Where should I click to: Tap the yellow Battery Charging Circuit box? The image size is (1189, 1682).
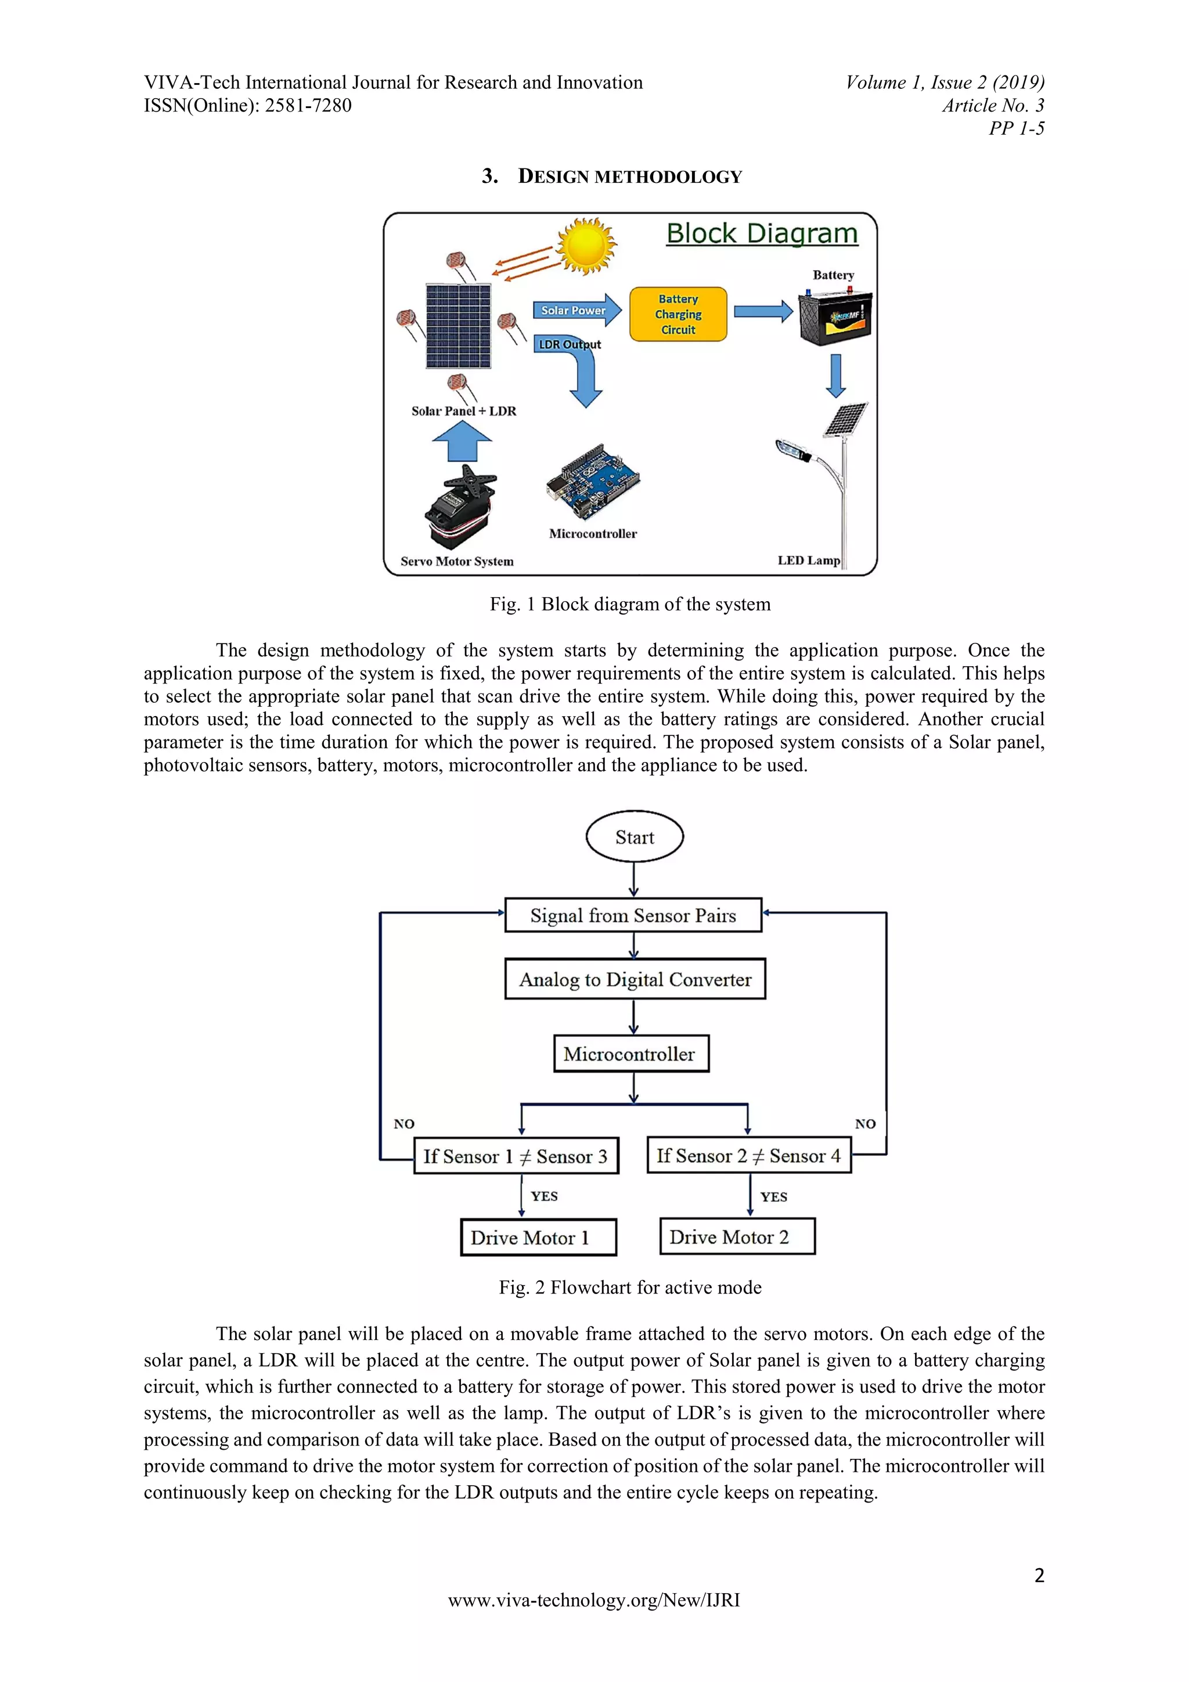[x=678, y=314]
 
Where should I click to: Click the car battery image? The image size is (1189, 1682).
[x=835, y=317]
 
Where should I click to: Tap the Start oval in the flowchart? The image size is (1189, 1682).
[x=634, y=836]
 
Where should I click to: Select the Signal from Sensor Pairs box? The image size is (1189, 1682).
[x=633, y=915]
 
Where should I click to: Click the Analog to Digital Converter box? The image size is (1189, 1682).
[x=635, y=979]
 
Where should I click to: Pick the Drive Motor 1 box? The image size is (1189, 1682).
[x=538, y=1237]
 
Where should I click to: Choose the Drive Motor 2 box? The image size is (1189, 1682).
[x=737, y=1237]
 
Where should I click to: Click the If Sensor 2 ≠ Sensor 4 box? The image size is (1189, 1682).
[x=748, y=1155]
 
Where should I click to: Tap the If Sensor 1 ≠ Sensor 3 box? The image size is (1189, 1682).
[x=516, y=1156]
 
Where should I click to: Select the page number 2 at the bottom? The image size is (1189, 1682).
[x=1039, y=1575]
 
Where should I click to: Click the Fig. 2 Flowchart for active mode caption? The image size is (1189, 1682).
[x=630, y=1287]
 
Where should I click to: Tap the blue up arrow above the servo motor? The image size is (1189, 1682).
[x=462, y=442]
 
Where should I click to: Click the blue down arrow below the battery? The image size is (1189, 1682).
[x=835, y=375]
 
